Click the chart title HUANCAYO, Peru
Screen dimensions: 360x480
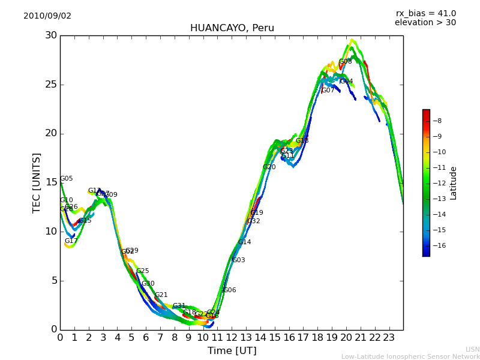click(x=232, y=28)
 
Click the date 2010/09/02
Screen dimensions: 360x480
click(x=47, y=16)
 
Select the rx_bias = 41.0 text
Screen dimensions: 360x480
click(x=425, y=14)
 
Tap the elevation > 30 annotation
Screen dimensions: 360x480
click(x=425, y=23)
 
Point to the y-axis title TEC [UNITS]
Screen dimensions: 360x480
click(x=37, y=182)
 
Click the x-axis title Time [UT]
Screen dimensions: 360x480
click(x=232, y=351)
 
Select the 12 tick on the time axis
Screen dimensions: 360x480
click(x=232, y=338)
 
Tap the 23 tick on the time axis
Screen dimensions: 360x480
click(x=389, y=338)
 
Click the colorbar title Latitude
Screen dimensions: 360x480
click(x=454, y=183)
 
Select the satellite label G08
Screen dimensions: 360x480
click(x=346, y=62)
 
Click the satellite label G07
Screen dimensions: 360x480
click(x=328, y=91)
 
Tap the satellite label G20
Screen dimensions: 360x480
click(x=269, y=167)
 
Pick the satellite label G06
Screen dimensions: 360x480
click(x=230, y=290)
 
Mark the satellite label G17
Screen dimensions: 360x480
click(x=71, y=241)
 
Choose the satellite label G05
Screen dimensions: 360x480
click(x=67, y=179)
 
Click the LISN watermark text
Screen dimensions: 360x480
click(x=472, y=349)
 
